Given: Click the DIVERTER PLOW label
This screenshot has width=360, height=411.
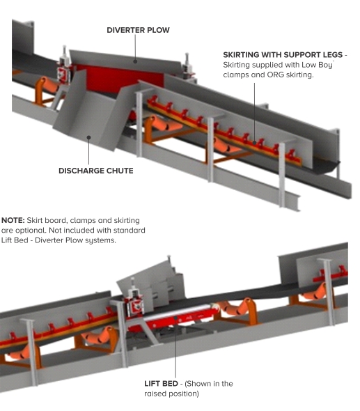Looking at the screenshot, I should (x=138, y=31).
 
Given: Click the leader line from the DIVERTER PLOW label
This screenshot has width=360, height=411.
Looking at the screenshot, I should (x=138, y=49).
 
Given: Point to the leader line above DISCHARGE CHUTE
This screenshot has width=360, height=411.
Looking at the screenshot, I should (x=89, y=150).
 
